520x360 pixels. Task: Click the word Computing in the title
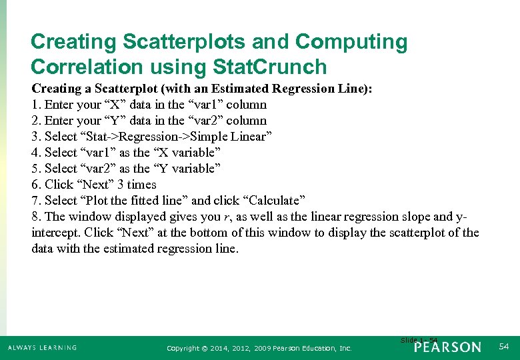tap(351, 42)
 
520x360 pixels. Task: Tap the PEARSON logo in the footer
tap(447, 347)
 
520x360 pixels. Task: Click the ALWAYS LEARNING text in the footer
tap(43, 348)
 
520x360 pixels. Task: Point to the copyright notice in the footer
tap(259, 348)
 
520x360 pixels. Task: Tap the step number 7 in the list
tap(35, 201)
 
